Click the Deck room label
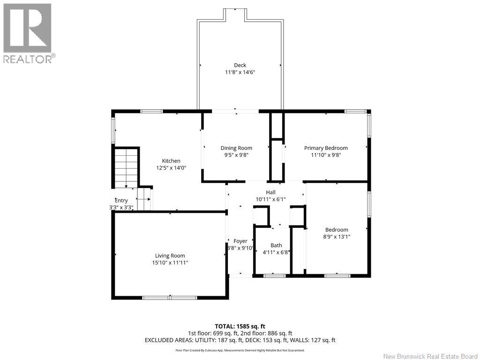tap(240, 65)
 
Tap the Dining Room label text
tap(236, 148)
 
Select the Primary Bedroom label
tap(326, 148)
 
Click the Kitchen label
tap(171, 161)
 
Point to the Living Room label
tap(170, 256)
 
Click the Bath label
tap(276, 246)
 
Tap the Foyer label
tap(240, 241)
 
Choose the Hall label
tap(270, 192)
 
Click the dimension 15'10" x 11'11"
tap(170, 262)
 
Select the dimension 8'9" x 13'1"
tap(337, 237)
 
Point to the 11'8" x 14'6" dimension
tap(240, 72)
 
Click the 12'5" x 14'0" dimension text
tap(171, 168)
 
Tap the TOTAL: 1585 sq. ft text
tap(240, 326)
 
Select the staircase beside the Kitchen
tap(126, 168)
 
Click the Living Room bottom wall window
tap(170, 297)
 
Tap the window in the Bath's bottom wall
tap(274, 276)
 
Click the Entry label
tap(121, 201)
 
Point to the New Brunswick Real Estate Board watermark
tap(430, 356)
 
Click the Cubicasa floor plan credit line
tap(240, 350)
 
